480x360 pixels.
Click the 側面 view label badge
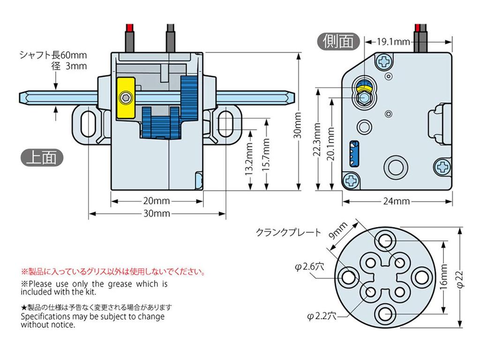point(338,41)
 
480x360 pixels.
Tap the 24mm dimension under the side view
point(397,202)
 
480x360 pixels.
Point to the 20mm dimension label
point(156,202)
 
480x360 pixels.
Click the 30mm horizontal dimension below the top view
point(156,214)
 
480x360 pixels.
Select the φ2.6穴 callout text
point(309,267)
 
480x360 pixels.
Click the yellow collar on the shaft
point(125,98)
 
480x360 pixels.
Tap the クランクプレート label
point(288,232)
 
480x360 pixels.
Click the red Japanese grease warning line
point(112,271)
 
